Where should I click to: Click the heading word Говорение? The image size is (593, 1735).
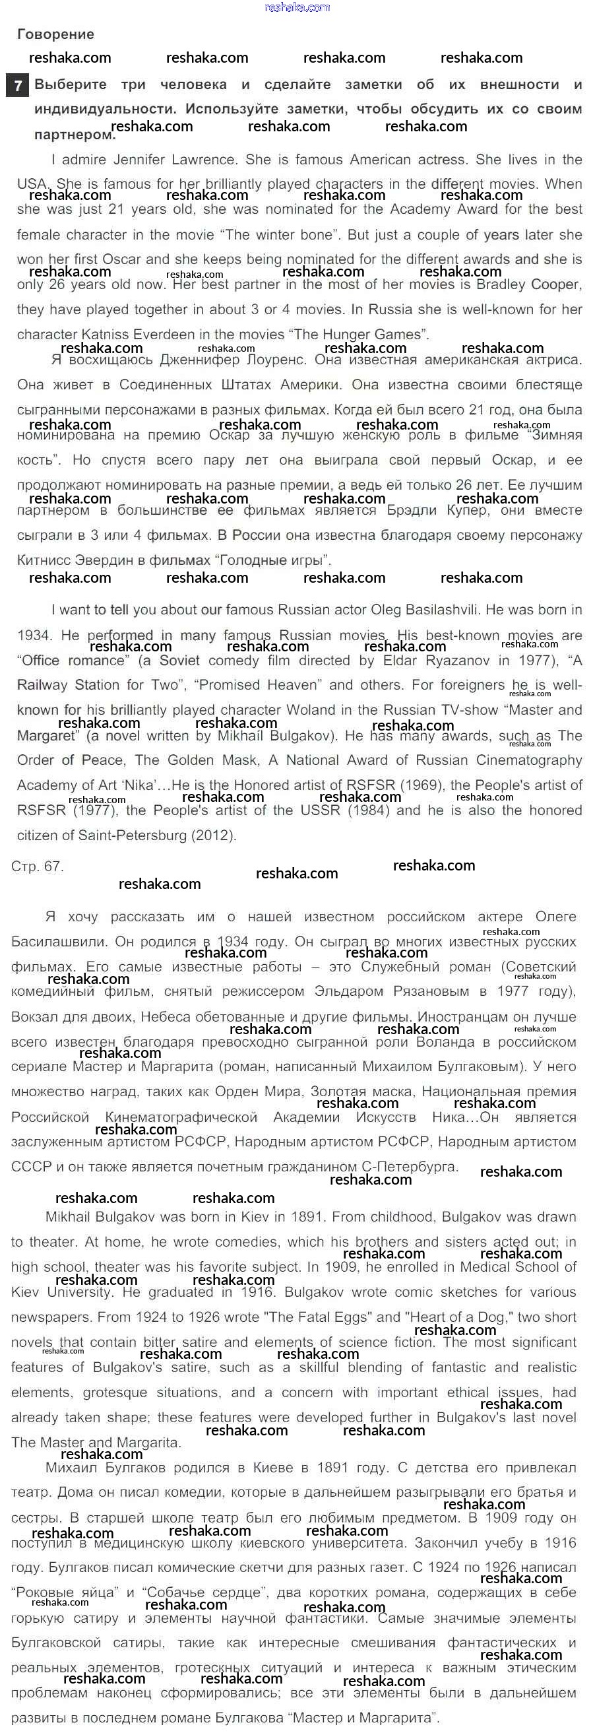(x=55, y=34)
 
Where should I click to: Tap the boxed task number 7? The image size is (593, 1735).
(x=18, y=86)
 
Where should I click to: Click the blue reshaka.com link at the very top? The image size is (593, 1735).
(x=297, y=7)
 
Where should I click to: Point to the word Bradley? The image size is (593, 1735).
(x=501, y=284)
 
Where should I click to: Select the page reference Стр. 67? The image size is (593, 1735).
(x=37, y=866)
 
